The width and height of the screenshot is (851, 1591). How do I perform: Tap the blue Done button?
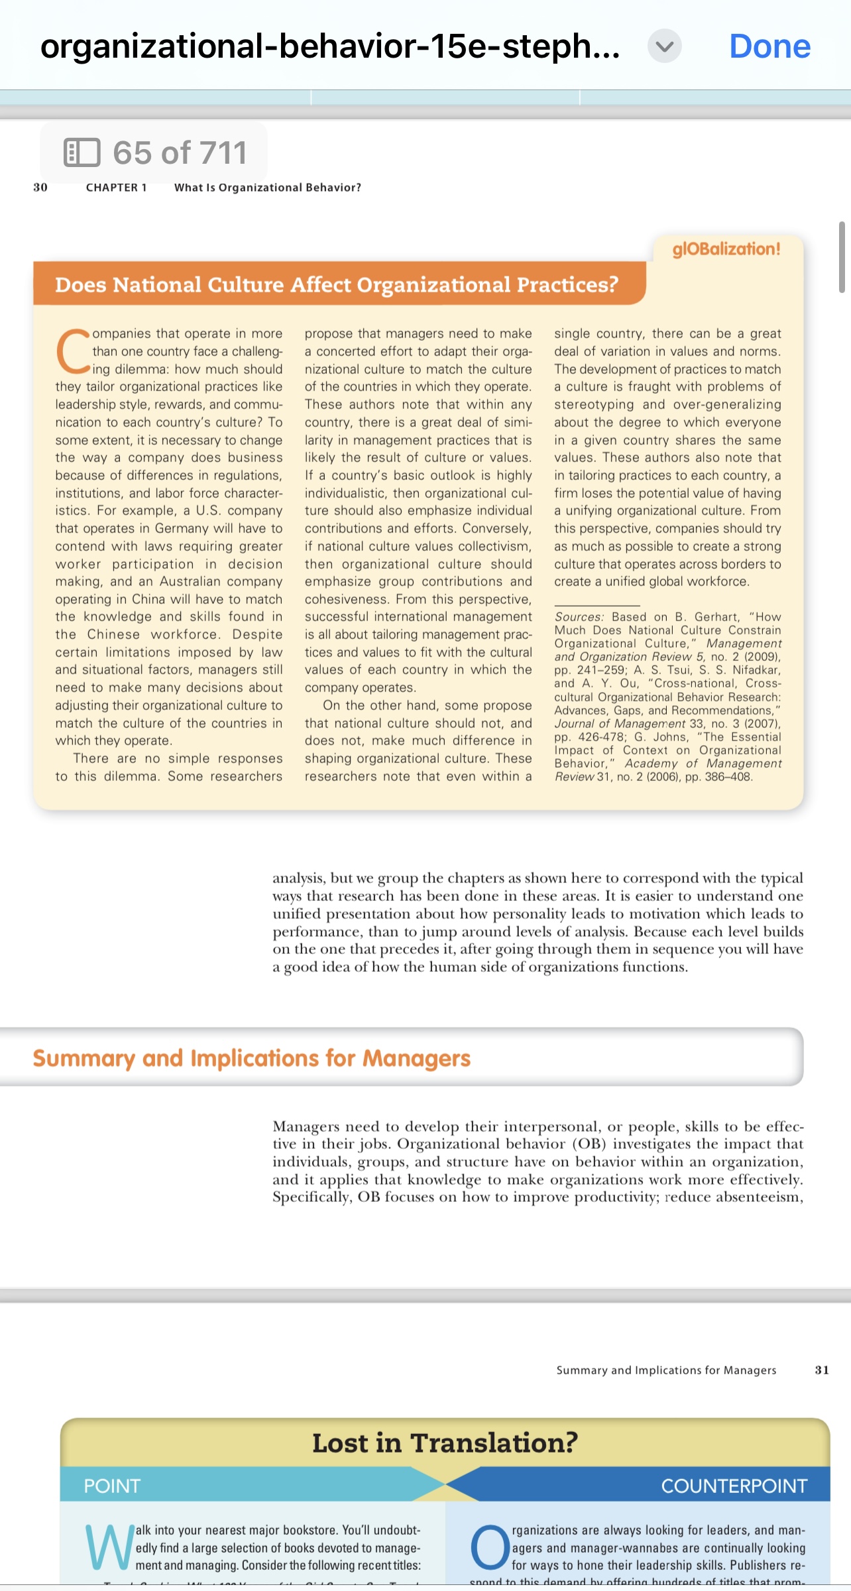click(x=769, y=46)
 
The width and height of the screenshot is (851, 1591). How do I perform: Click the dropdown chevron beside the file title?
click(x=664, y=46)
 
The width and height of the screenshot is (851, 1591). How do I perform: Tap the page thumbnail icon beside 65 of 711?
click(x=82, y=152)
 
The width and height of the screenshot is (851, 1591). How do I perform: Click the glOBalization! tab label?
click(x=726, y=249)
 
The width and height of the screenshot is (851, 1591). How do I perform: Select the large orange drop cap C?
click(x=72, y=351)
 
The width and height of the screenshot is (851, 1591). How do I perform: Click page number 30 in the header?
click(x=40, y=188)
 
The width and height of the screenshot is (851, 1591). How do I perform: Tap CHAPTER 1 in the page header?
click(x=116, y=188)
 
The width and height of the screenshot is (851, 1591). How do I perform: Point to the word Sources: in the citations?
click(x=579, y=617)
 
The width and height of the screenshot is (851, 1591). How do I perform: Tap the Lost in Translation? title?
click(x=445, y=1443)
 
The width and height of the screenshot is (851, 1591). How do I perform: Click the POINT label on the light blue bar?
click(x=111, y=1486)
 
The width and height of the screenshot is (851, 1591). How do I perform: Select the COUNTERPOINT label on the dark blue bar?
click(x=734, y=1486)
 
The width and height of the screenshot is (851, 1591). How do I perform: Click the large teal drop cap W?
click(x=109, y=1548)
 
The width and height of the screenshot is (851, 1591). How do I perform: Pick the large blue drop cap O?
click(x=490, y=1548)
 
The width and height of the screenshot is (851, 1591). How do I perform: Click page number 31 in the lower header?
click(x=822, y=1370)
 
